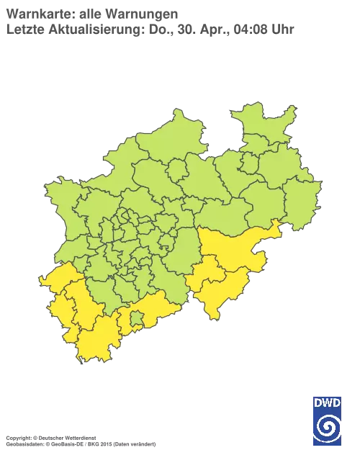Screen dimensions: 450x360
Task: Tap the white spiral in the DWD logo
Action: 327,423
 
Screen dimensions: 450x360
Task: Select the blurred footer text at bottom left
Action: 79,437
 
